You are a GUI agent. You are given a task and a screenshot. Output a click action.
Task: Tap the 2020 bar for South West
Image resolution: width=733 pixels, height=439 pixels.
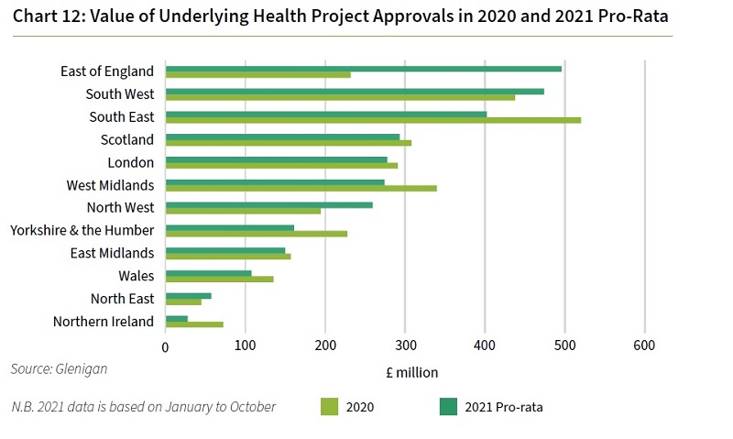coord(340,97)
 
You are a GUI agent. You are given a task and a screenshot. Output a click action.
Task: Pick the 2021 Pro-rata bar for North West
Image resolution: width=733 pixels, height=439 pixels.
coord(268,204)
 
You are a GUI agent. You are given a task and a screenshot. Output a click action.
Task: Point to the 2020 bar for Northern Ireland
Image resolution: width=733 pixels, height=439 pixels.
coord(193,324)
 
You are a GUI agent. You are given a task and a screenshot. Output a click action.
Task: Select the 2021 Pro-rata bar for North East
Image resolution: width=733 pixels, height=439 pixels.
coord(188,295)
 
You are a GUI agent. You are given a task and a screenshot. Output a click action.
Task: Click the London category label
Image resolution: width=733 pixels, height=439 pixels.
coord(133,163)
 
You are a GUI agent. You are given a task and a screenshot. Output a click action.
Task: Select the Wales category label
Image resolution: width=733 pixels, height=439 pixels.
coord(136,276)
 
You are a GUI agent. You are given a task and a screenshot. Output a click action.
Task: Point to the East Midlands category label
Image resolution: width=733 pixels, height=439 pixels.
coord(112,253)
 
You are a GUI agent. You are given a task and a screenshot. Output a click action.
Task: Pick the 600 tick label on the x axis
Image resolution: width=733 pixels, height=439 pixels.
coord(645,346)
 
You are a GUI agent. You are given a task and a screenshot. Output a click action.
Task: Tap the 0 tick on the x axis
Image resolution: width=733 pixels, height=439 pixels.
coord(165,346)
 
